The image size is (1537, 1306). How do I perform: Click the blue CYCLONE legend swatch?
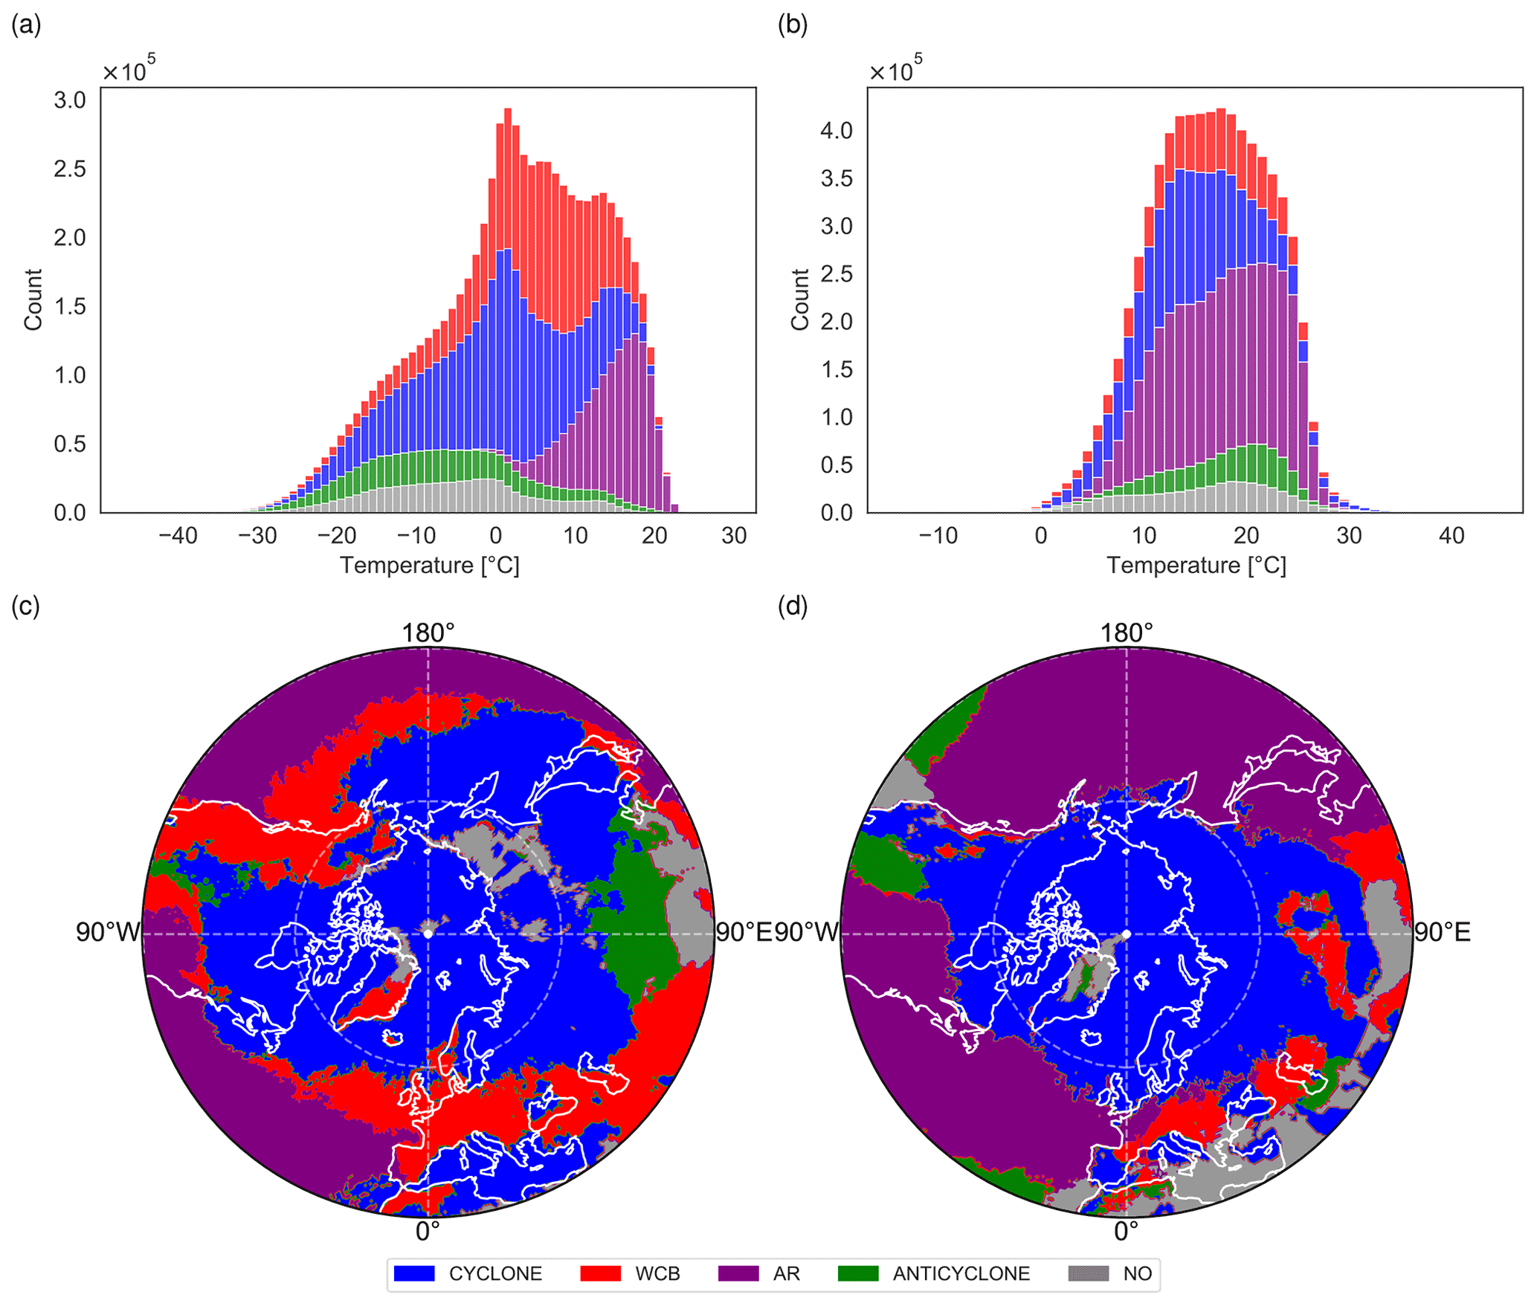point(413,1273)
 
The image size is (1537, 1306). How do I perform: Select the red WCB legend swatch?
point(600,1273)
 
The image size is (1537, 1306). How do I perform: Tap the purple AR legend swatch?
point(738,1273)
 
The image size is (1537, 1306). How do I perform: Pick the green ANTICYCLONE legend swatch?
point(857,1273)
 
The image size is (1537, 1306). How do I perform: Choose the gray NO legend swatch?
point(1088,1273)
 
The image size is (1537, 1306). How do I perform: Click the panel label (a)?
point(26,25)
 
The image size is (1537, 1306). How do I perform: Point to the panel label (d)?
point(792,607)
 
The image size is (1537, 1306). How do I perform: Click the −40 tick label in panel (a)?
point(178,536)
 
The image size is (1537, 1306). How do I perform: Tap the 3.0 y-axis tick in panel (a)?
point(70,100)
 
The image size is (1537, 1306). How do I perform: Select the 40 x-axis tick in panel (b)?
point(1451,536)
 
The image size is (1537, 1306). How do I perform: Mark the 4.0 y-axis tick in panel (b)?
point(837,131)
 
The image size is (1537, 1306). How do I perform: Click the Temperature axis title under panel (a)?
point(430,566)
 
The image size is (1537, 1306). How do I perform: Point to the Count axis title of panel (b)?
point(800,300)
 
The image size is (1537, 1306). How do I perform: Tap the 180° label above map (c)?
point(428,633)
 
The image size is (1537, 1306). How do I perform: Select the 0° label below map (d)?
point(1126,1232)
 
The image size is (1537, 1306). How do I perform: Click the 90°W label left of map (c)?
point(108,932)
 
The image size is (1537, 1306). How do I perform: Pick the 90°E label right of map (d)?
point(1442,932)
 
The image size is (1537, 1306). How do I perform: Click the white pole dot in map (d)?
point(1127,934)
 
